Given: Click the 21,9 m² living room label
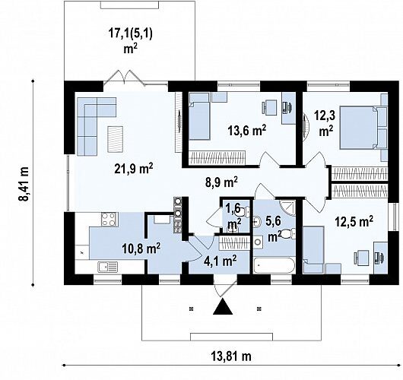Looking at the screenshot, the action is coord(134,169).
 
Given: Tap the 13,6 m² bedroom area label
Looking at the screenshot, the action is coord(246,130).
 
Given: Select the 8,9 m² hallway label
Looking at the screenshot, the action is coord(221,182).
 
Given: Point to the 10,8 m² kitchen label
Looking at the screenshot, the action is coord(141,249).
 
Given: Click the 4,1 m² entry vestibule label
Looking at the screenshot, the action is coord(220,261).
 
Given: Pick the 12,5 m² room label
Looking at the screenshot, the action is coord(354,221).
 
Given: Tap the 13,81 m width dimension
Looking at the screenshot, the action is coord(231,356).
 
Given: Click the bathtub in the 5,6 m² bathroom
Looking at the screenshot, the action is coord(274,266).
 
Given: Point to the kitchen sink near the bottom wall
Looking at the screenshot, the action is coord(108,267).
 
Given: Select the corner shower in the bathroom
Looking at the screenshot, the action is coord(287,207).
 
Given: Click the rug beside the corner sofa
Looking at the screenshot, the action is coord(115,139).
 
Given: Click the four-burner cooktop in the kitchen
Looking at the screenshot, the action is coord(109,220).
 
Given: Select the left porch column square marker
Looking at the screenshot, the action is coord(191,309).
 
